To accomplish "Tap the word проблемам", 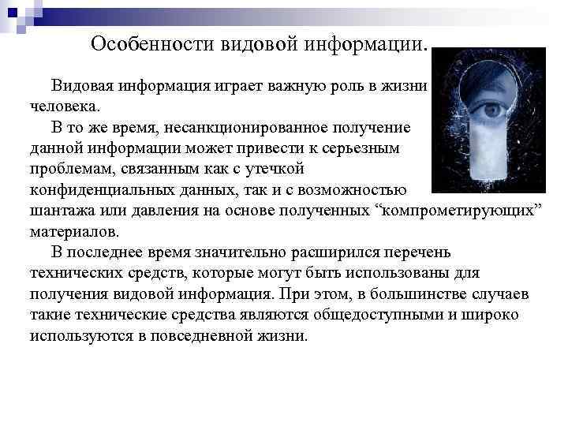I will pos(69,169).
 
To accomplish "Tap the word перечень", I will pos(418,252).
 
